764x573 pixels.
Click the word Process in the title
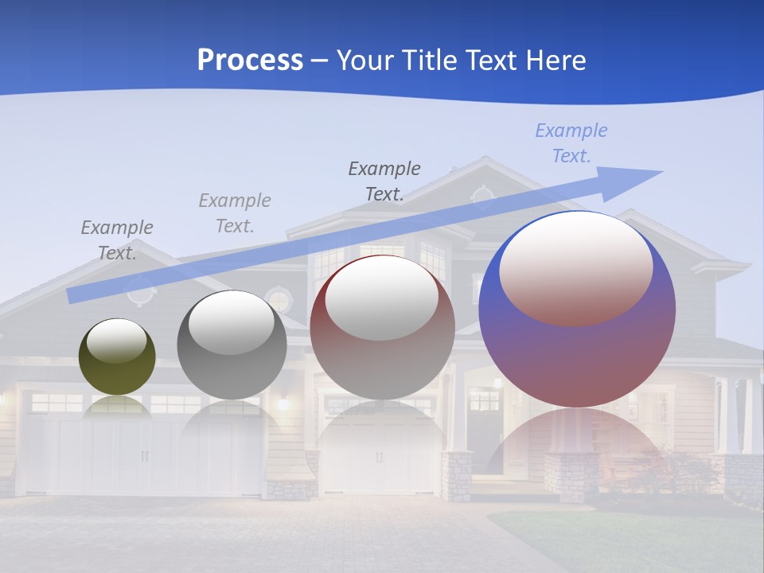click(250, 60)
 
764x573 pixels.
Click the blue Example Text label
click(571, 143)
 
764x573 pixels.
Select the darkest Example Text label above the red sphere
click(384, 181)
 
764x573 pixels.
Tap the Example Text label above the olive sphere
click(117, 240)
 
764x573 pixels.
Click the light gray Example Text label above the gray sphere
click(234, 212)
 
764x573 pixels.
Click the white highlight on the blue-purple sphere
click(575, 267)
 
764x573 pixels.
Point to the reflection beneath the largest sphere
click(576, 446)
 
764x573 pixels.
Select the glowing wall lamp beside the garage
click(282, 403)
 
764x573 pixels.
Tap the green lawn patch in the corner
click(637, 541)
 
